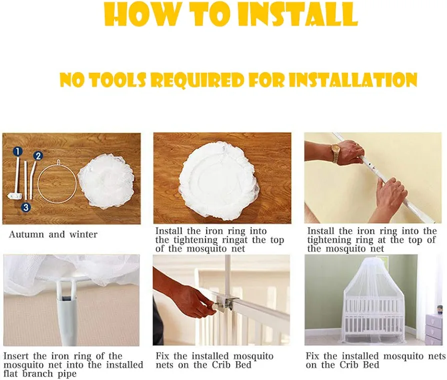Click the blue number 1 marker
coord(17,152)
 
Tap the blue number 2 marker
coord(38,156)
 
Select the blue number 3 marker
coord(26,207)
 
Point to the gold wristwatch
coord(335,153)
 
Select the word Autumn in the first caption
coord(26,235)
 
